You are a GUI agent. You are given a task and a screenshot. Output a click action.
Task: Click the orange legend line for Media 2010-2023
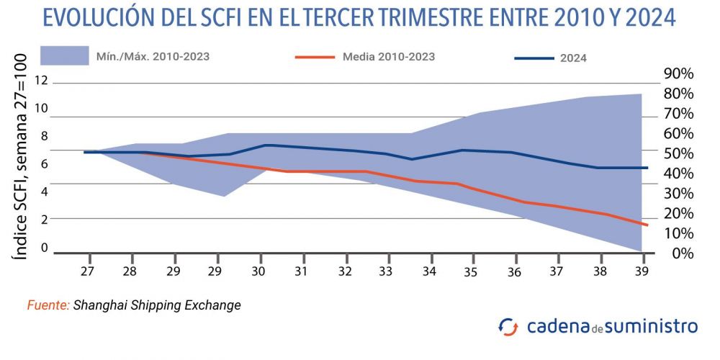pyautogui.click(x=315, y=56)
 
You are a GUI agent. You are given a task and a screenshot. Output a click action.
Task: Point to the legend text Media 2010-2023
pyautogui.click(x=389, y=56)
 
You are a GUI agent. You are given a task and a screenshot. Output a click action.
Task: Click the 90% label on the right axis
pyautogui.click(x=678, y=74)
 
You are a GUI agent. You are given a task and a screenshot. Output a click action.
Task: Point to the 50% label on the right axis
pyautogui.click(x=678, y=153)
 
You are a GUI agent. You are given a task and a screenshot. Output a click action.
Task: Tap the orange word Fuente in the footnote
pyautogui.click(x=48, y=305)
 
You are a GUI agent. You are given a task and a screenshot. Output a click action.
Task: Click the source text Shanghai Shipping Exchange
pyautogui.click(x=157, y=305)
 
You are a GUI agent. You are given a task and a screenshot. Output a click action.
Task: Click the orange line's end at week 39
pyautogui.click(x=647, y=225)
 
